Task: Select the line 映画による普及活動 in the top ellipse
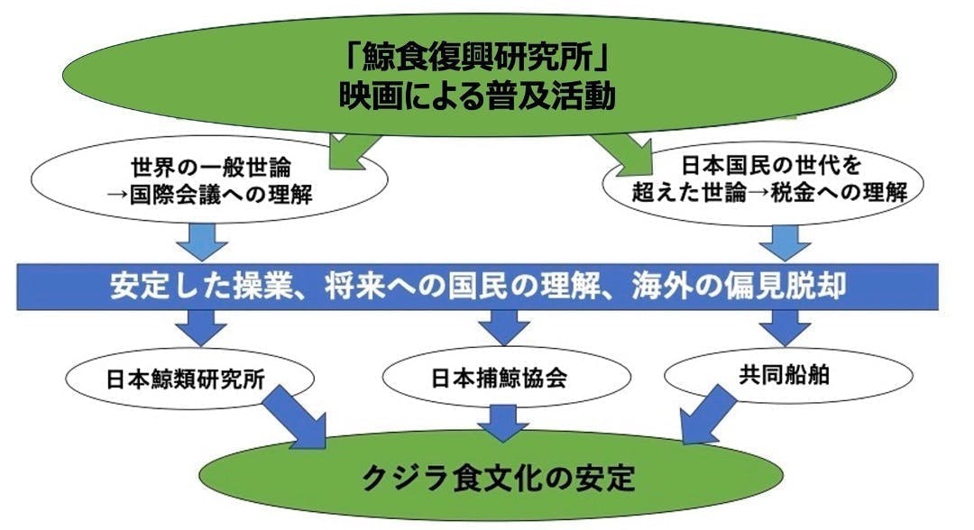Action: (478, 96)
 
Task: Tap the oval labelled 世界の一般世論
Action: (208, 180)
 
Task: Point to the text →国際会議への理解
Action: (208, 194)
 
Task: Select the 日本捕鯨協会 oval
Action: (498, 379)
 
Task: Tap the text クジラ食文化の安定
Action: (499, 474)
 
